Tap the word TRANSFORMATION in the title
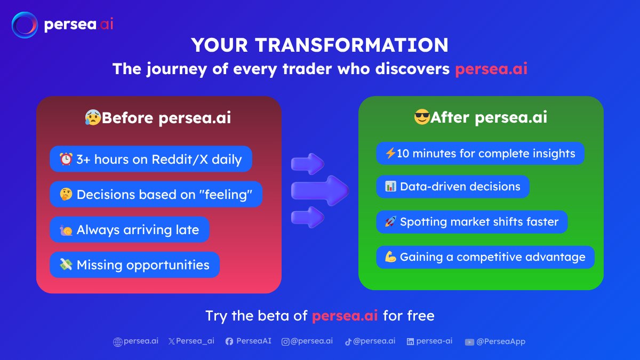coord(351,45)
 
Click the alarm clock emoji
coord(66,159)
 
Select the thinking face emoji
coord(66,194)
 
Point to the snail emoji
coord(66,230)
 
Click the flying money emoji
coord(66,265)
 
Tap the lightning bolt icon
coord(390,153)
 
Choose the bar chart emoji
coord(390,186)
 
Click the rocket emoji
coord(390,221)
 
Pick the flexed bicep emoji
coord(390,257)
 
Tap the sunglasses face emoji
coord(422,117)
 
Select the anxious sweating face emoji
coord(93,117)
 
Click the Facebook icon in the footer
coord(229,341)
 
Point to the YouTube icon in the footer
coord(469,342)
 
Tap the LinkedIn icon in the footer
coord(410,341)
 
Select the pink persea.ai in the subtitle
coord(491,69)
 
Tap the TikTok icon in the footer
coord(348,342)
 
